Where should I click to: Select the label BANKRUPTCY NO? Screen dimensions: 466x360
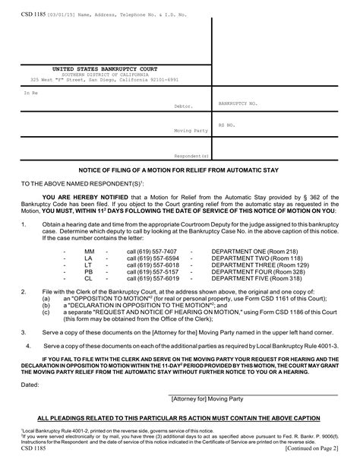[x=238, y=102]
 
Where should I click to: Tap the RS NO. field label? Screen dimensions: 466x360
[x=227, y=123]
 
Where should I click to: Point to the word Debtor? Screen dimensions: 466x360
[x=184, y=106]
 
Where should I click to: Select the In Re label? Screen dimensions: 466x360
[x=30, y=92]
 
